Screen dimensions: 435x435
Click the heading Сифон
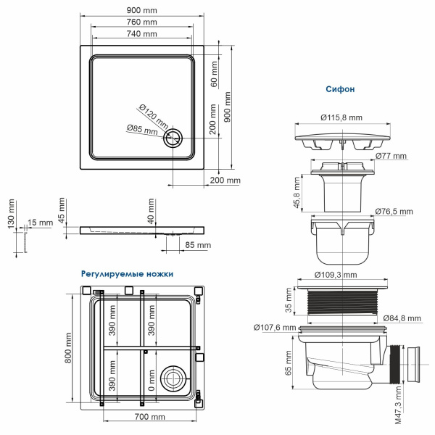tap(341, 90)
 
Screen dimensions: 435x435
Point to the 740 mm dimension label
tap(141, 33)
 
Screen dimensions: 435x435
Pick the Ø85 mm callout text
tap(142, 130)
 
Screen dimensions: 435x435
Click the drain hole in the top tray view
tap(174, 138)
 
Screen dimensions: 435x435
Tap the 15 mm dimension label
tap(40, 223)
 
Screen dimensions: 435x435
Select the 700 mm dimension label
tap(150, 417)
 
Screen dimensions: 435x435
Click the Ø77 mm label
tap(391, 157)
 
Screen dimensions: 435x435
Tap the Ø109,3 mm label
tap(339, 275)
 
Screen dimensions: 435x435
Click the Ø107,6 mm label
tap(275, 327)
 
